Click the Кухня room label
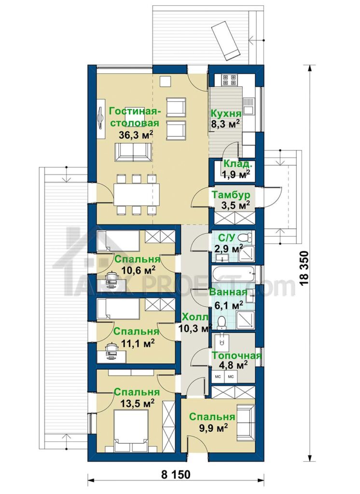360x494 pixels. tap(226, 113)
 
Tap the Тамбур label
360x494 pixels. tap(231, 194)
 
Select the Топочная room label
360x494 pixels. tap(236, 356)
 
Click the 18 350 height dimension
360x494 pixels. tap(305, 268)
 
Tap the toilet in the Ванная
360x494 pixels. tap(222, 322)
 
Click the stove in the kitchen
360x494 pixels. tap(229, 80)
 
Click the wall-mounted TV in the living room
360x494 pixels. tap(100, 118)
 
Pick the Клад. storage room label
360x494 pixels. tap(238, 164)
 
